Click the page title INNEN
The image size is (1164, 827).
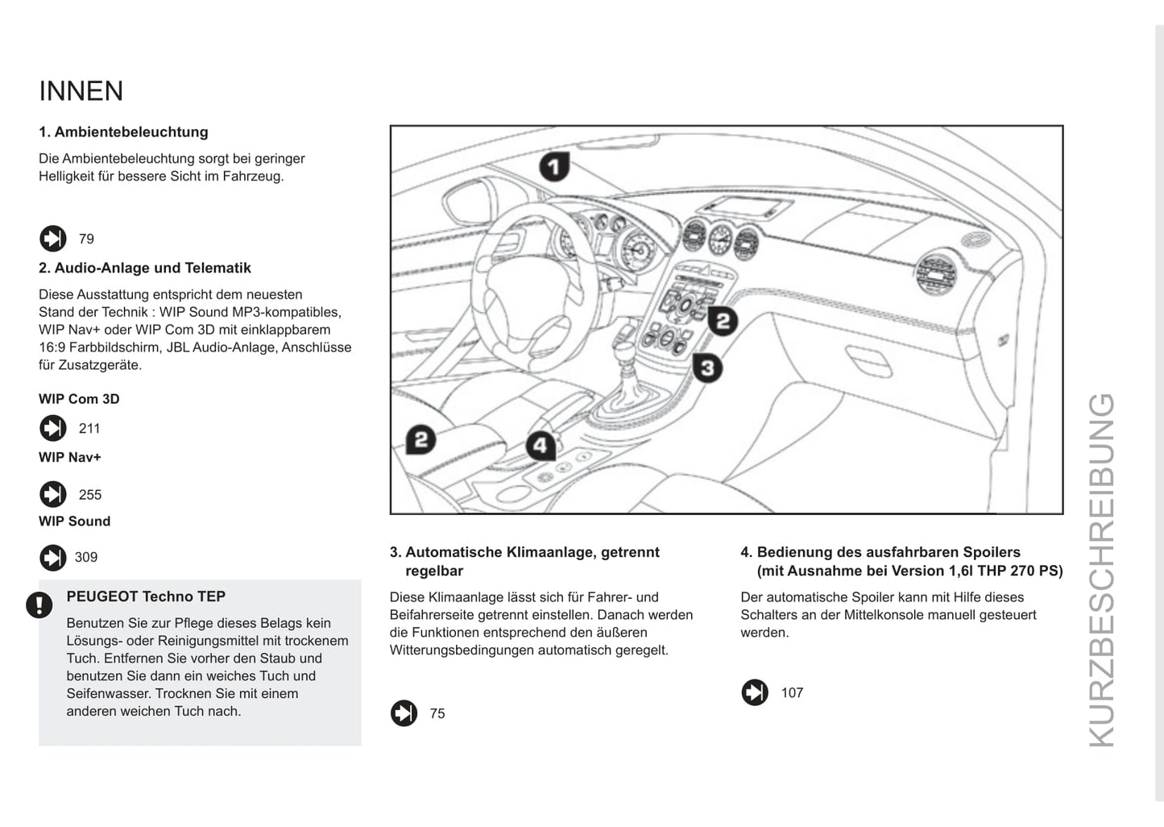81,91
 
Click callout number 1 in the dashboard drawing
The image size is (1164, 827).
554,167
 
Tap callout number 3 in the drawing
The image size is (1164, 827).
706,368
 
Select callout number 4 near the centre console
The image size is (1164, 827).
541,446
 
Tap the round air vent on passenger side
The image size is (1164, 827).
938,274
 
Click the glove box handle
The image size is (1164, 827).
868,360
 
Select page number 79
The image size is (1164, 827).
86,239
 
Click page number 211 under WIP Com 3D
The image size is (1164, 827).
89,429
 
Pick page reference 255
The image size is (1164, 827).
90,495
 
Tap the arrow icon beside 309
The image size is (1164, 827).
53,558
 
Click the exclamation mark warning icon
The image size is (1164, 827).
39,605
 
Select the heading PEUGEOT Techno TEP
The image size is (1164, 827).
146,596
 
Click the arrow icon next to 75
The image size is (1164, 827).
404,713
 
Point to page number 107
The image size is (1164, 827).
792,693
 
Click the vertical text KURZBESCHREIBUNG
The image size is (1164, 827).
1101,569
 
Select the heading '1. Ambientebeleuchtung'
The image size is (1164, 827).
123,132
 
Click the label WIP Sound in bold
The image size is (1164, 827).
75,522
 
